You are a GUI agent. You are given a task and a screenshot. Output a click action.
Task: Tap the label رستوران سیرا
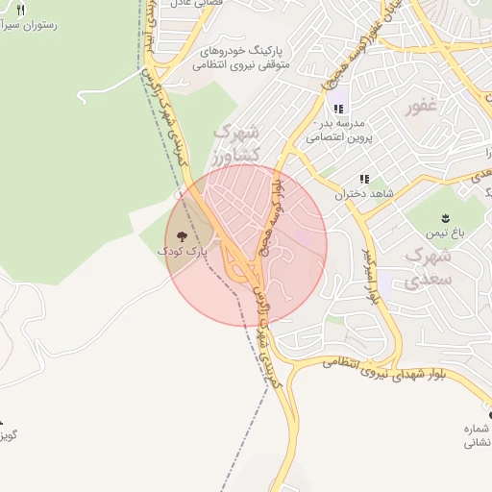tap(29, 25)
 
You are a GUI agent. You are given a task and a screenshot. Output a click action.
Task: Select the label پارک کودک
tap(182, 251)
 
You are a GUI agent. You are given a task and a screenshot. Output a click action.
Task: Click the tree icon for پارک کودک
tap(182, 235)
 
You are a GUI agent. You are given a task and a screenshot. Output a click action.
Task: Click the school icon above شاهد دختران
tap(364, 179)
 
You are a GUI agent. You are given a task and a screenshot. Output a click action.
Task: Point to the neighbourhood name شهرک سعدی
tap(428, 267)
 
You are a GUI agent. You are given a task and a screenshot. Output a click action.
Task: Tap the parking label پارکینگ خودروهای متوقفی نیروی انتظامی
tap(239, 57)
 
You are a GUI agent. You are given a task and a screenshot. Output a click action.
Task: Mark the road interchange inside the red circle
tap(240, 265)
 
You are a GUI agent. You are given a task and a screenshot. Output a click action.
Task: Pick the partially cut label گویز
tap(9, 435)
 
